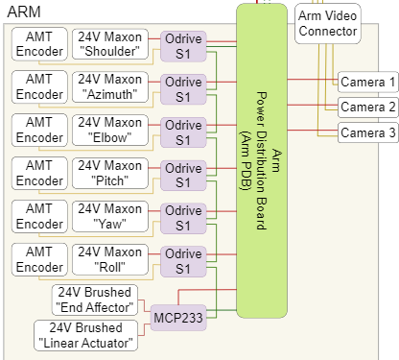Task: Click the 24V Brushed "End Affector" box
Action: coord(96,300)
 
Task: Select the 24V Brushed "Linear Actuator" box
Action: coord(87,335)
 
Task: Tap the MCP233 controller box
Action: coord(178,317)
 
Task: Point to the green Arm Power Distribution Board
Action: coord(261,158)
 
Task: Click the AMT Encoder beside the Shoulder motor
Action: coord(39,43)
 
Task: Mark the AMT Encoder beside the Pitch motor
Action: coord(39,174)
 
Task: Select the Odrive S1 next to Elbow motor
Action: coord(182,132)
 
